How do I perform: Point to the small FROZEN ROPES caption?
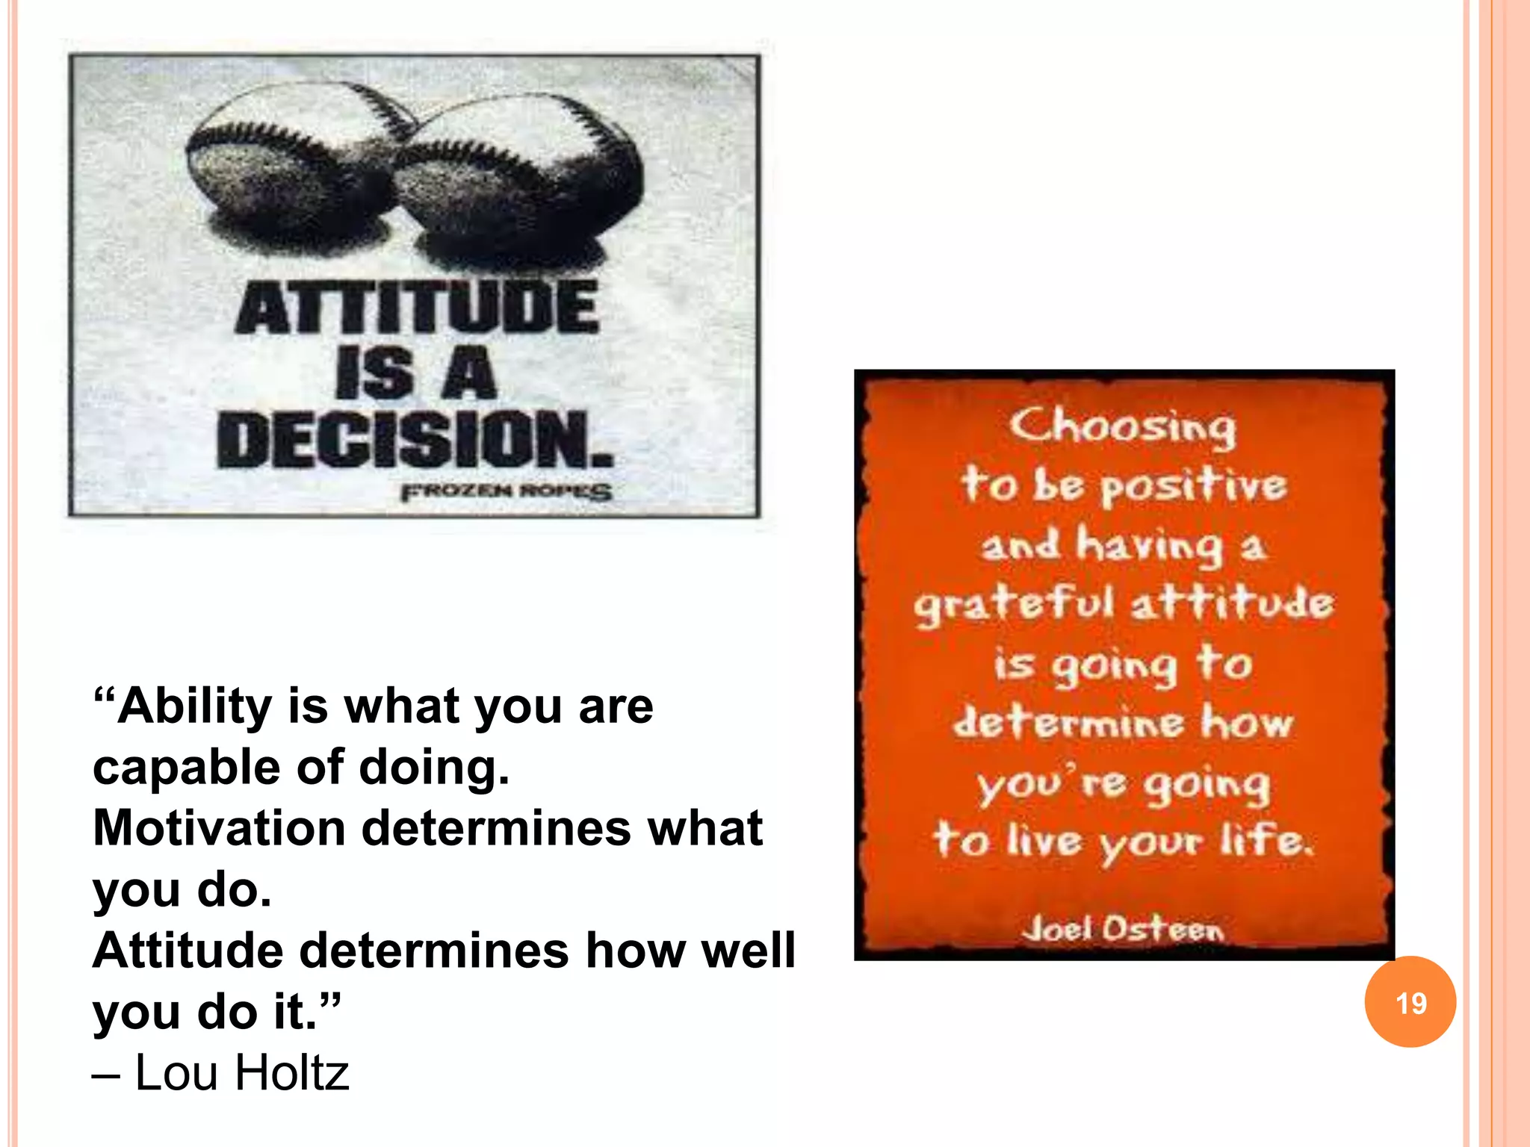point(507,492)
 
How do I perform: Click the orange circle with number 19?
point(1410,1002)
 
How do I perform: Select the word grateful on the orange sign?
point(1014,604)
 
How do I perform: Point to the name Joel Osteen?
point(1123,930)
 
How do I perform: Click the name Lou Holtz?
point(241,1073)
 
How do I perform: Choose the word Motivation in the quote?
point(219,828)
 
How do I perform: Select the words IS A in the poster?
point(415,373)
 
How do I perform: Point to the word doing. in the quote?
point(434,768)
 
